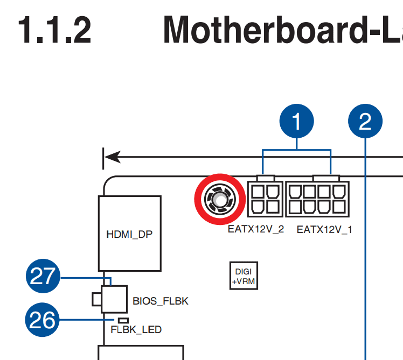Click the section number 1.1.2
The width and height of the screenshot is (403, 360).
pyautogui.click(x=54, y=30)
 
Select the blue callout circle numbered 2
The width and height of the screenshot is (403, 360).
pyautogui.click(x=365, y=122)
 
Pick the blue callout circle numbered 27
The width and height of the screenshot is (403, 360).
pyautogui.click(x=43, y=277)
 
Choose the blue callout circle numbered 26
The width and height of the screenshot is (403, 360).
pyautogui.click(x=43, y=320)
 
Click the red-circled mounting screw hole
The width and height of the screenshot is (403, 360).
pyautogui.click(x=219, y=200)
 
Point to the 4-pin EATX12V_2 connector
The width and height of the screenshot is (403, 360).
pyautogui.click(x=265, y=199)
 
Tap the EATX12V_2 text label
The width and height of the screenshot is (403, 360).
pyautogui.click(x=256, y=230)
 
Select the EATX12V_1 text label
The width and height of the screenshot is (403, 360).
pyautogui.click(x=324, y=230)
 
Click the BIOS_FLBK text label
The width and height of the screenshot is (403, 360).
pyautogui.click(x=161, y=301)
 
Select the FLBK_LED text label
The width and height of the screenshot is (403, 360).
pyautogui.click(x=136, y=329)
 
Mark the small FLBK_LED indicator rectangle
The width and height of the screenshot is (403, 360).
pyautogui.click(x=116, y=320)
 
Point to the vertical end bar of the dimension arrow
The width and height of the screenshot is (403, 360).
pyautogui.click(x=103, y=158)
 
